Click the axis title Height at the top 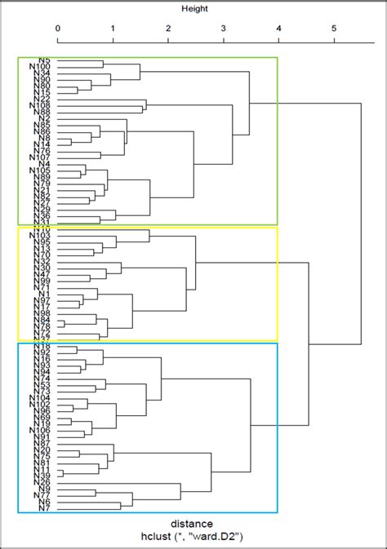pos(194,9)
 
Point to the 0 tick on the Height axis pos(58,29)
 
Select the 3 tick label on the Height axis pos(224,29)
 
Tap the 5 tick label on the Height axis pos(334,29)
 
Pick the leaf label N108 pos(41,105)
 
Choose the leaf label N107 pos(41,157)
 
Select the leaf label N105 pos(41,170)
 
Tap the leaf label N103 pos(41,236)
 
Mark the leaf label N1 pos(46,294)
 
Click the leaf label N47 pos(43,275)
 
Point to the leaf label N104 pos(41,397)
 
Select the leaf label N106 pos(41,431)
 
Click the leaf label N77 pos(43,495)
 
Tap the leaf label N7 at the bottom pos(46,508)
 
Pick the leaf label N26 pos(43,482)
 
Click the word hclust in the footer pos(159,536)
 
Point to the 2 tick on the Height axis pos(168,29)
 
